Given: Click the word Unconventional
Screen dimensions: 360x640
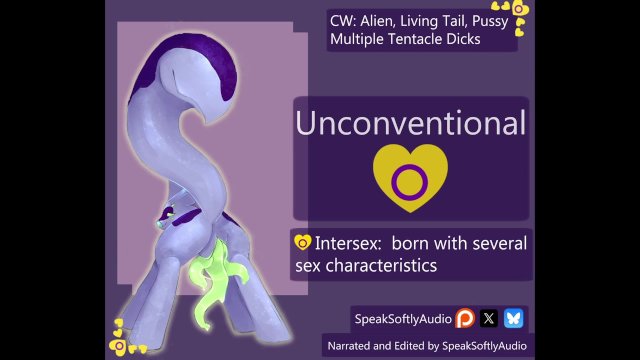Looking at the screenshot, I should tap(410, 124).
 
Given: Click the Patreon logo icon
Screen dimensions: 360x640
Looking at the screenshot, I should tap(465, 318).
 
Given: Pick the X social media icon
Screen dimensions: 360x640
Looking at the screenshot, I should tap(489, 318).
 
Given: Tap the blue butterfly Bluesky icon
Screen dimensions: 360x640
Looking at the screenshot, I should tap(513, 318).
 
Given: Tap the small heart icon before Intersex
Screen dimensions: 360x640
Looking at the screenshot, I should tap(302, 242).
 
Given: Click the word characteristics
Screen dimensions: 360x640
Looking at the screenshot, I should tap(391, 266).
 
